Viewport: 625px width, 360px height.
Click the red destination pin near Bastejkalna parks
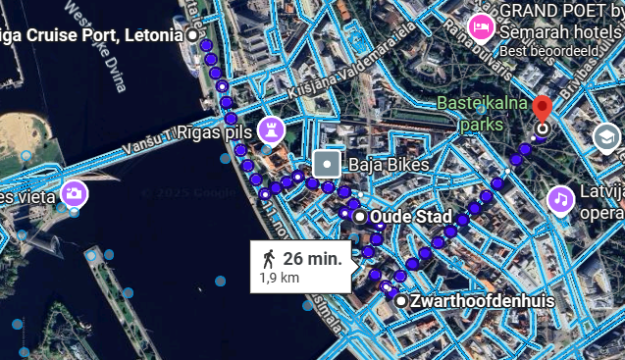pos(543,109)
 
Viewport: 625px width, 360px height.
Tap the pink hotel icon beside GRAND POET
pos(481,26)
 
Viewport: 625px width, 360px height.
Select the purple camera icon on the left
pos(74,193)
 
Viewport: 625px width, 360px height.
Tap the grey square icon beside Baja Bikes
pos(327,165)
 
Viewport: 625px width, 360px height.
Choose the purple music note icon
pos(560,199)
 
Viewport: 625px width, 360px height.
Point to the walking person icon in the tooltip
pos(269,259)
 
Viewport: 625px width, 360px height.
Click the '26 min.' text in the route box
pos(312,259)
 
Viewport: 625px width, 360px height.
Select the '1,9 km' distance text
pos(279,279)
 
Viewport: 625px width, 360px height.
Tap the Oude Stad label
pos(416,217)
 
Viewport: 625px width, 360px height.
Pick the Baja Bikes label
pos(388,165)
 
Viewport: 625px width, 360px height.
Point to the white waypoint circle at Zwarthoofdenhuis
pos(400,300)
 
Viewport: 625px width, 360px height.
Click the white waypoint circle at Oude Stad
pos(360,216)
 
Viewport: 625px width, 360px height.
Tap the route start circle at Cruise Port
pos(192,35)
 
